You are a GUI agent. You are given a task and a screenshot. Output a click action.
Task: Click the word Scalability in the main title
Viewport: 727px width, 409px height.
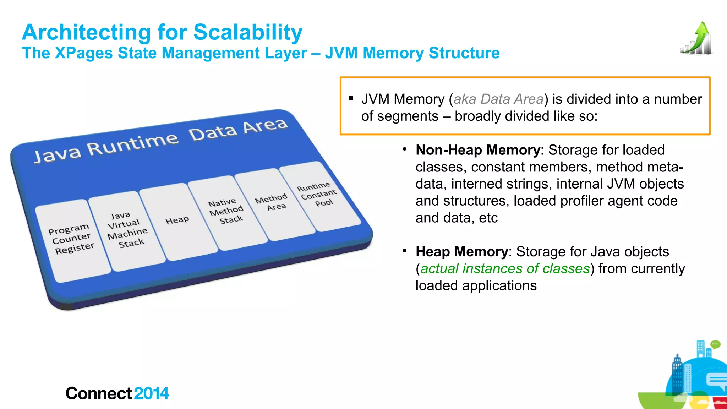(x=248, y=33)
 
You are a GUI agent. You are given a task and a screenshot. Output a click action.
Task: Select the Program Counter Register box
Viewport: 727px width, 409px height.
(x=72, y=240)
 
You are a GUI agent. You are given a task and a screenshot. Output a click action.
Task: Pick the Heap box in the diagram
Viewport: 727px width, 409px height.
(x=177, y=221)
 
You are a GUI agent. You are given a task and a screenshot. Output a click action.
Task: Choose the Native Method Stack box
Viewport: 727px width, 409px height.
(x=226, y=212)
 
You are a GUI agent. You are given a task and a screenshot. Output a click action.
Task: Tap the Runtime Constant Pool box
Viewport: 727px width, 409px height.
(x=318, y=194)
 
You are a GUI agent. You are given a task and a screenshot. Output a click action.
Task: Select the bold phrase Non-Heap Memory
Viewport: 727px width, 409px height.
(x=478, y=150)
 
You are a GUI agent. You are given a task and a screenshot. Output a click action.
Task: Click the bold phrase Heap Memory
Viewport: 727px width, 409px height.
(x=462, y=252)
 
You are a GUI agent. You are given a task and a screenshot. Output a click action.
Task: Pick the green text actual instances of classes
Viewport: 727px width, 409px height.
(x=505, y=269)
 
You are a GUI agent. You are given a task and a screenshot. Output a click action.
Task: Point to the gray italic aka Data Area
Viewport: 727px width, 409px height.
(x=498, y=99)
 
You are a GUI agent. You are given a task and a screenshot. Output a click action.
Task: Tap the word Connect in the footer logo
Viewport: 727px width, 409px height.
(x=99, y=393)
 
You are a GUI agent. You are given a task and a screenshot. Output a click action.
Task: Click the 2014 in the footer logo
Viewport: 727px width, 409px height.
(x=152, y=393)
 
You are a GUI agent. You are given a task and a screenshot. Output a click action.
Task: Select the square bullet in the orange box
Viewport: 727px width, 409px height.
(x=351, y=98)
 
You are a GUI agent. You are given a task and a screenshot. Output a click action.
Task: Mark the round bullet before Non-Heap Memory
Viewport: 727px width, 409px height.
(x=404, y=149)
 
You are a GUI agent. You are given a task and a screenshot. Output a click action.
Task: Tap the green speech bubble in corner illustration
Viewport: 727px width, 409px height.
(x=715, y=344)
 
